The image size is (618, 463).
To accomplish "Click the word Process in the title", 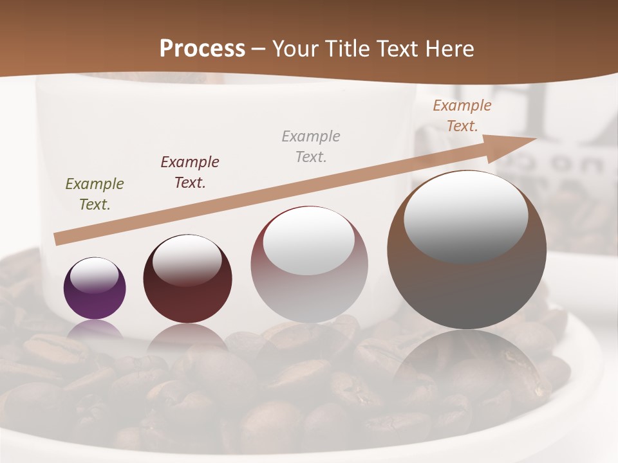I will pos(202,49).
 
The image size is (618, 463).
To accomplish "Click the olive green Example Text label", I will pos(95,194).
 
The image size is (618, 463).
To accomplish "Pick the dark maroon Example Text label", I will pos(190,172).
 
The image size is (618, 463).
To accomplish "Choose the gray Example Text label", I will pos(311,146).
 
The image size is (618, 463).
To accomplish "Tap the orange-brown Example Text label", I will pos(462,116).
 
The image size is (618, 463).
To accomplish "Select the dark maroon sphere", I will pos(187,296).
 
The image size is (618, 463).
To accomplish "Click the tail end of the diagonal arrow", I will pos(59,239).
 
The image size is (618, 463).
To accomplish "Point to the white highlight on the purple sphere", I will pos(95,275).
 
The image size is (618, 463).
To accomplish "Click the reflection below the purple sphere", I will pos(95,331).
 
